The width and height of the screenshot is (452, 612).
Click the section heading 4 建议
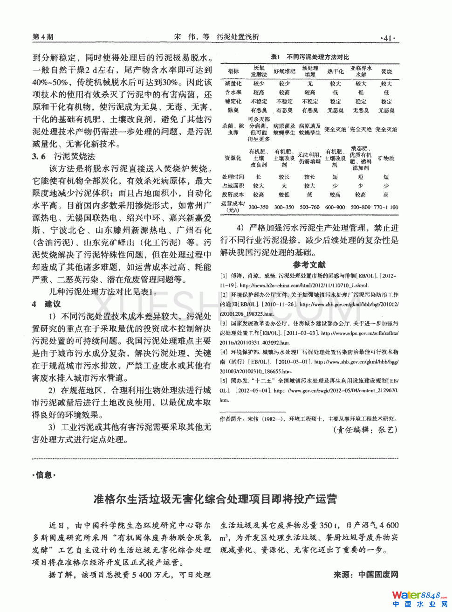click(x=46, y=304)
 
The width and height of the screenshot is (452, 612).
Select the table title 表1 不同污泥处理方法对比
click(x=310, y=57)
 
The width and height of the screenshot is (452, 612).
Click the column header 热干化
click(x=336, y=71)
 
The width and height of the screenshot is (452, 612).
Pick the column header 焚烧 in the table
click(x=386, y=71)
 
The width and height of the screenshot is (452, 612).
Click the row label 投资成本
click(x=233, y=195)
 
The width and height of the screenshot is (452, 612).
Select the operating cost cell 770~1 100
click(x=386, y=207)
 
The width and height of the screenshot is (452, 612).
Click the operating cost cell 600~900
click(x=335, y=207)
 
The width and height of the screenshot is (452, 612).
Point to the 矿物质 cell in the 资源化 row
click(x=386, y=158)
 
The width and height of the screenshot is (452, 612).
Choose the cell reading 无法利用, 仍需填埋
click(x=309, y=158)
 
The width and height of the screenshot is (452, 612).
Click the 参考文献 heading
click(x=309, y=264)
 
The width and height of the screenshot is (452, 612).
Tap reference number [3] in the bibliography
click(x=224, y=323)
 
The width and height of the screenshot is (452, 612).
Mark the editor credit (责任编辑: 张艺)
click(x=365, y=430)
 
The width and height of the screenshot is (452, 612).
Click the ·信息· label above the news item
click(x=44, y=475)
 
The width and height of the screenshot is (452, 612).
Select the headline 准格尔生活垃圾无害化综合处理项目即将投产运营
click(x=215, y=499)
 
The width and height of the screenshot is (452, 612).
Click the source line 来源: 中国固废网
click(x=366, y=575)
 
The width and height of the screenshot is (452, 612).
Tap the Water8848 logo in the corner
click(x=419, y=599)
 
